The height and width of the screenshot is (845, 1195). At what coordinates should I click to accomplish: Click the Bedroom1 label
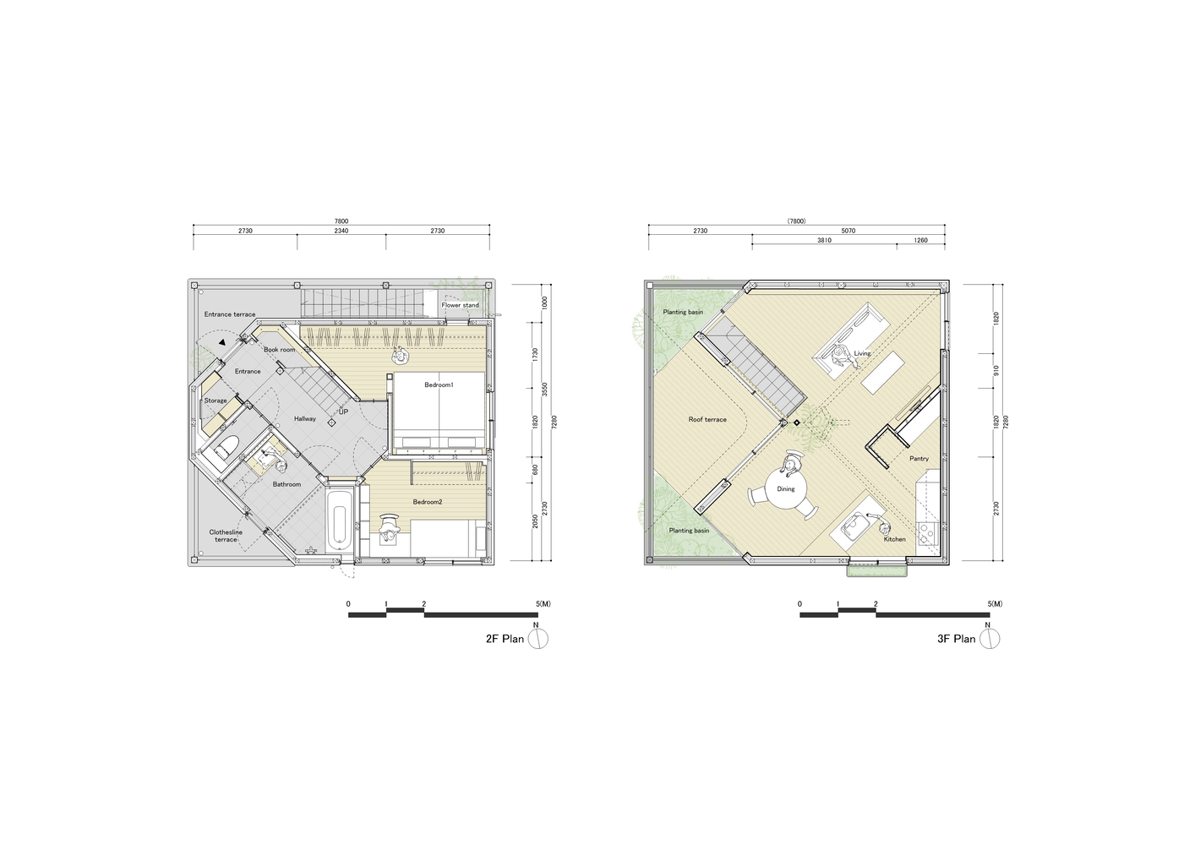tap(439, 384)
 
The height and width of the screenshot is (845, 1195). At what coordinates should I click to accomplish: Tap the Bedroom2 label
tap(428, 502)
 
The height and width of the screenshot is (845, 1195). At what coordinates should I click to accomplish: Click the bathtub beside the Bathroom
tap(339, 520)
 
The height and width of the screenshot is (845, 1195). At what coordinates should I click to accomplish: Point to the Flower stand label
tap(460, 305)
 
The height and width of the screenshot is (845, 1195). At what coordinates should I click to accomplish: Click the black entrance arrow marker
tap(222, 342)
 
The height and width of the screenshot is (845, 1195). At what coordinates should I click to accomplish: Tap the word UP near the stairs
tap(343, 412)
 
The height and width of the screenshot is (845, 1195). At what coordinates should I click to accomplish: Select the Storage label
tap(216, 401)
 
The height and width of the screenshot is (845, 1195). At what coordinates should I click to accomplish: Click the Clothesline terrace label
tap(226, 536)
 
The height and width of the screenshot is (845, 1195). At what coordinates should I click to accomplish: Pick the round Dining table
tap(785, 488)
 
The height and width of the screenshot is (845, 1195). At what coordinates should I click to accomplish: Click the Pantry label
tap(919, 459)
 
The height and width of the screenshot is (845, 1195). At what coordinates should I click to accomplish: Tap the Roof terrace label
tap(707, 420)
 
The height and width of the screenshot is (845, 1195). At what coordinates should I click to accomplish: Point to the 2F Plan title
tap(505, 639)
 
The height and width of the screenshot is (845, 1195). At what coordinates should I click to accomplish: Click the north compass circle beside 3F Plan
tap(990, 639)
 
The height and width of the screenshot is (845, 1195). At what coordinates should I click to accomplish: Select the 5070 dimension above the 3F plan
tap(849, 231)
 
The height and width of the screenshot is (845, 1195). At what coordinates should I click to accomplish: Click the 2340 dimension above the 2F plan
tap(341, 231)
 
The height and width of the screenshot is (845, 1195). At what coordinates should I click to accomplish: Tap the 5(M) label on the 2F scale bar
tap(544, 604)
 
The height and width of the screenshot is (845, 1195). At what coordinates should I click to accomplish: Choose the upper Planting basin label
tap(683, 312)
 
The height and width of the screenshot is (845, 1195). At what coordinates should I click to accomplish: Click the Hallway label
tap(304, 419)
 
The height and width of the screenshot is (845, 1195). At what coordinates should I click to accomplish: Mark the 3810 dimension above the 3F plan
tap(824, 240)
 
